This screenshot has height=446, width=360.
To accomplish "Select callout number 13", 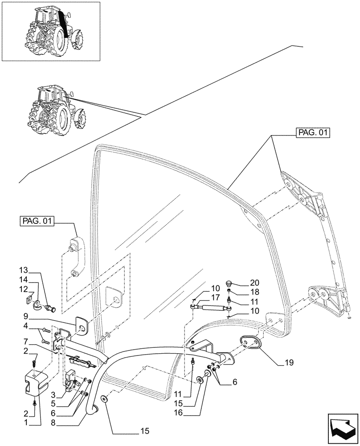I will [24, 270].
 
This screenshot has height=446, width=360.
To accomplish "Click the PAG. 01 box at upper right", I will [312, 133].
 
